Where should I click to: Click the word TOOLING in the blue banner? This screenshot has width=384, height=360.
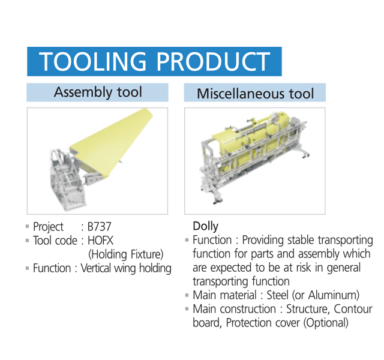tap(92, 61)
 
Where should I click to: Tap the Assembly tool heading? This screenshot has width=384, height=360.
tap(98, 92)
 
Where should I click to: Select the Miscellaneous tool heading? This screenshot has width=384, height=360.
tap(255, 94)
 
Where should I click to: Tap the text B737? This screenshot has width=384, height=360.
tap(100, 227)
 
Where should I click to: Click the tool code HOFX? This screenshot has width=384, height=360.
tap(100, 241)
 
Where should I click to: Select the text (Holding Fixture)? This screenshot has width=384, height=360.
tap(125, 254)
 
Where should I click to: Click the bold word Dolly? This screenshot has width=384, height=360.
tap(205, 226)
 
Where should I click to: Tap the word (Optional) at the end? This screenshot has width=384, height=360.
tap(326, 323)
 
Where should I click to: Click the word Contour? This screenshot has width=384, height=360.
tap(353, 309)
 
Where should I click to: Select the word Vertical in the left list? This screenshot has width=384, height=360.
tap(96, 268)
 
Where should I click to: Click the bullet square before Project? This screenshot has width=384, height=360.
tap(28, 227)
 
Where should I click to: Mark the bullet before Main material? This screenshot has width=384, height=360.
tap(187, 295)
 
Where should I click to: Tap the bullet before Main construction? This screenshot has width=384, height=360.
tap(187, 309)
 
